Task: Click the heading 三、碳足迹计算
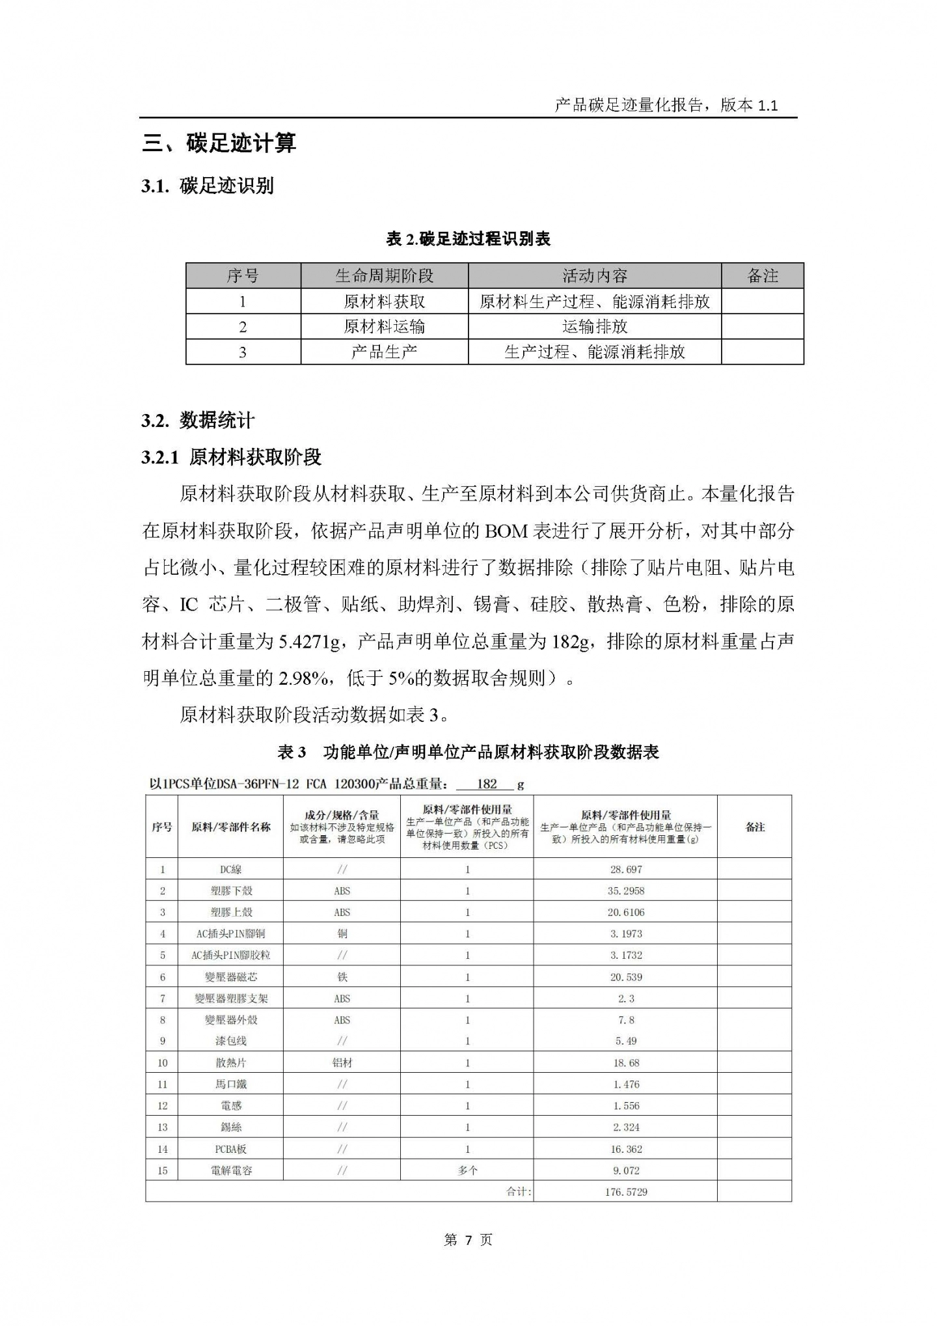[x=219, y=143]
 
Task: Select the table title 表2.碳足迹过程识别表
[x=468, y=239]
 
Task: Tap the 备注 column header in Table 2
[x=762, y=276]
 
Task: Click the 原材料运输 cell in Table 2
[x=384, y=327]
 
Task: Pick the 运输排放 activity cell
[x=594, y=327]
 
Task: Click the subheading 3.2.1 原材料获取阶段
[x=231, y=458]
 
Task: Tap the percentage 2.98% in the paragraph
[x=303, y=679]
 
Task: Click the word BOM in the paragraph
[x=506, y=532]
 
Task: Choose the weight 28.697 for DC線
[x=625, y=869]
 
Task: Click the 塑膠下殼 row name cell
[x=230, y=891]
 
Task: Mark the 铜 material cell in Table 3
[x=342, y=933]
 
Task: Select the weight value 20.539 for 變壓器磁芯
[x=625, y=976]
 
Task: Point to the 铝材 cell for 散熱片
[x=342, y=1062]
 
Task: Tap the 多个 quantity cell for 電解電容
[x=467, y=1170]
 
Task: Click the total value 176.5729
[x=625, y=1192]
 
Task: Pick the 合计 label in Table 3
[x=518, y=1192]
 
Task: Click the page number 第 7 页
[x=468, y=1240]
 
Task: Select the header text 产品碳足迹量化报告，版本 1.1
[x=666, y=105]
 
